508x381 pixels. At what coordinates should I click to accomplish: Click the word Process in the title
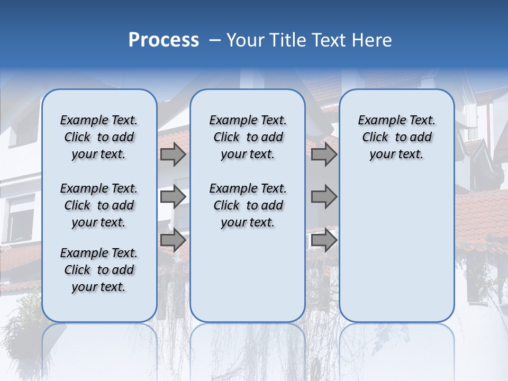[x=164, y=40]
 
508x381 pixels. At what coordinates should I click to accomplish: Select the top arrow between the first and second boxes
[x=173, y=155]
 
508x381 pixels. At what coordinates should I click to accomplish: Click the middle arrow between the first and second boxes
[x=173, y=197]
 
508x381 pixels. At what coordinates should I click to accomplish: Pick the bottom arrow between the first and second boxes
[x=173, y=240]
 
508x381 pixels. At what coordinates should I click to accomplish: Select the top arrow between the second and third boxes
[x=324, y=155]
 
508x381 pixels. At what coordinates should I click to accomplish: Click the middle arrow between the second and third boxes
[x=324, y=197]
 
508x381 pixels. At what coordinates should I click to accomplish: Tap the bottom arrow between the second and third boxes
[x=324, y=240]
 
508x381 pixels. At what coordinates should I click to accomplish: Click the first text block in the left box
[x=99, y=137]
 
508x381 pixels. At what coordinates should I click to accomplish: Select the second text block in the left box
[x=99, y=205]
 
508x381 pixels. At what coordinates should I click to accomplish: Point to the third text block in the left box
[x=99, y=270]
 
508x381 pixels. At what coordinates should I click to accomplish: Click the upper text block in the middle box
[x=248, y=137]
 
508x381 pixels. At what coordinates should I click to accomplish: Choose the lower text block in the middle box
[x=248, y=205]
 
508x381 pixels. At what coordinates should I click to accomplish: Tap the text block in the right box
[x=397, y=137]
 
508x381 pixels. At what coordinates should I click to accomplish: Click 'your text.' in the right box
[x=396, y=155]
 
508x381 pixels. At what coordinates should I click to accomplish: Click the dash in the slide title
[x=214, y=41]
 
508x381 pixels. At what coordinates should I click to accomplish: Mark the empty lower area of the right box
[x=397, y=249]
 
